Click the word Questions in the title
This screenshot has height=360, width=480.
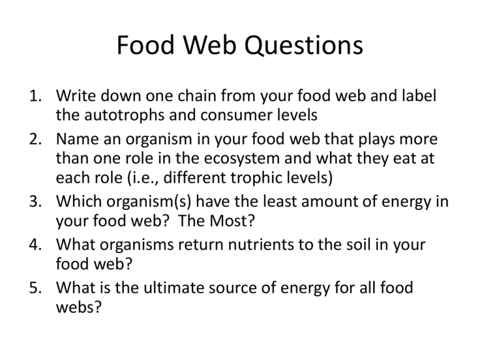point(303,45)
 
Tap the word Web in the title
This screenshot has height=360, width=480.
point(210,45)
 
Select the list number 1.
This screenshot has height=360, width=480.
point(36,96)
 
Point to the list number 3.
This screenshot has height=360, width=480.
point(36,202)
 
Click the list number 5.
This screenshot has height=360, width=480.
point(36,287)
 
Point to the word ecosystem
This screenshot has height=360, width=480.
point(241,159)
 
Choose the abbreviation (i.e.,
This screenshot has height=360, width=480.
point(143,178)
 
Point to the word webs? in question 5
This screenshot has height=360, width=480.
point(78,307)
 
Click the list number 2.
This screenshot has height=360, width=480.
point(36,139)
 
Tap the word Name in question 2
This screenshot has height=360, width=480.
point(77,139)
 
